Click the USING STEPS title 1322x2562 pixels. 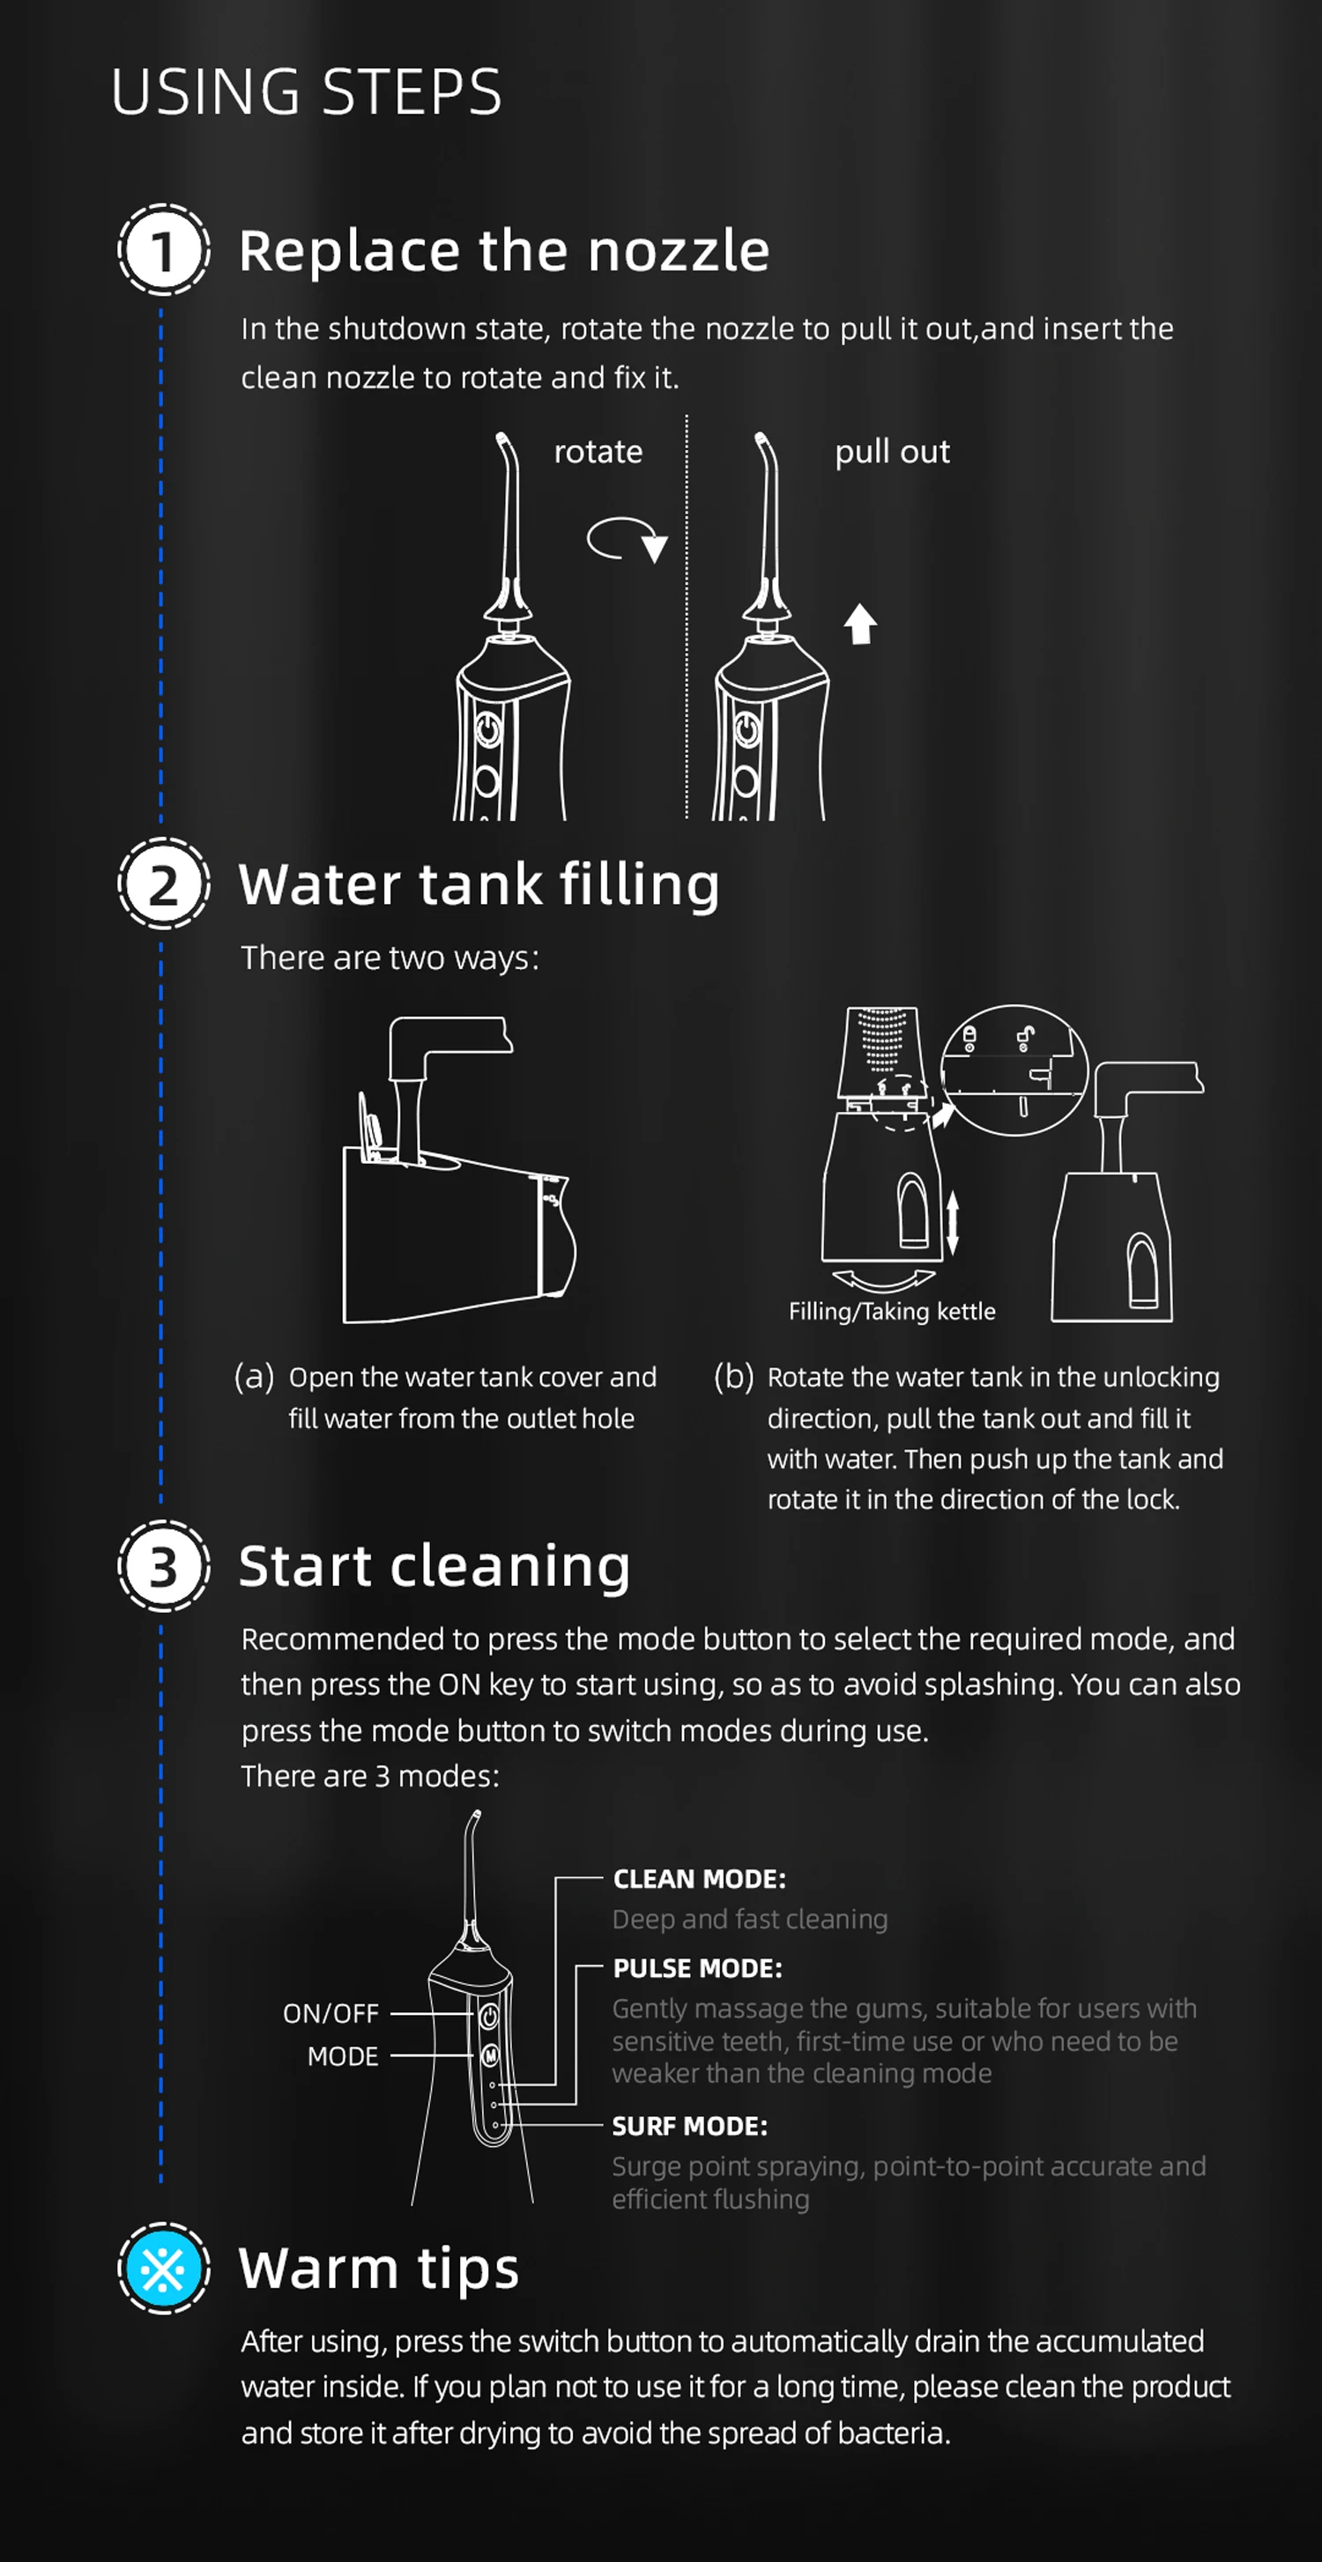pyautogui.click(x=307, y=93)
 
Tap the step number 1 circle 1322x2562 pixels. pyautogui.click(x=163, y=249)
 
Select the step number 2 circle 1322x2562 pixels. pyautogui.click(x=163, y=885)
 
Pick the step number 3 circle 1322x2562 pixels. pyautogui.click(x=163, y=1566)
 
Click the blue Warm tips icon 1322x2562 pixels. pyautogui.click(x=163, y=2269)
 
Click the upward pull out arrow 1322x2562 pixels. pyautogui.click(x=860, y=624)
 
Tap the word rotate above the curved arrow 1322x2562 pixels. pyautogui.click(x=598, y=453)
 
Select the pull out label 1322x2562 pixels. pyautogui.click(x=892, y=453)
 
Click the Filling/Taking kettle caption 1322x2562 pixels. pyautogui.click(x=891, y=1311)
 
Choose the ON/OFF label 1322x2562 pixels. pyautogui.click(x=330, y=2013)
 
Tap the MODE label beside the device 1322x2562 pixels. pyautogui.click(x=342, y=2055)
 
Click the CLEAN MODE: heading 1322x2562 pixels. pyautogui.click(x=699, y=1878)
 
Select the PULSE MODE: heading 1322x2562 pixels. pyautogui.click(x=697, y=1968)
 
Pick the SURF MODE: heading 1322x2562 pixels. pyautogui.click(x=689, y=2127)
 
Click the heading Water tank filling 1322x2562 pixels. pyautogui.click(x=479, y=885)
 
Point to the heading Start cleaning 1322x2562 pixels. pyautogui.click(x=434, y=1566)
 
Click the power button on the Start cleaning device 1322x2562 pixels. pyautogui.click(x=488, y=2016)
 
